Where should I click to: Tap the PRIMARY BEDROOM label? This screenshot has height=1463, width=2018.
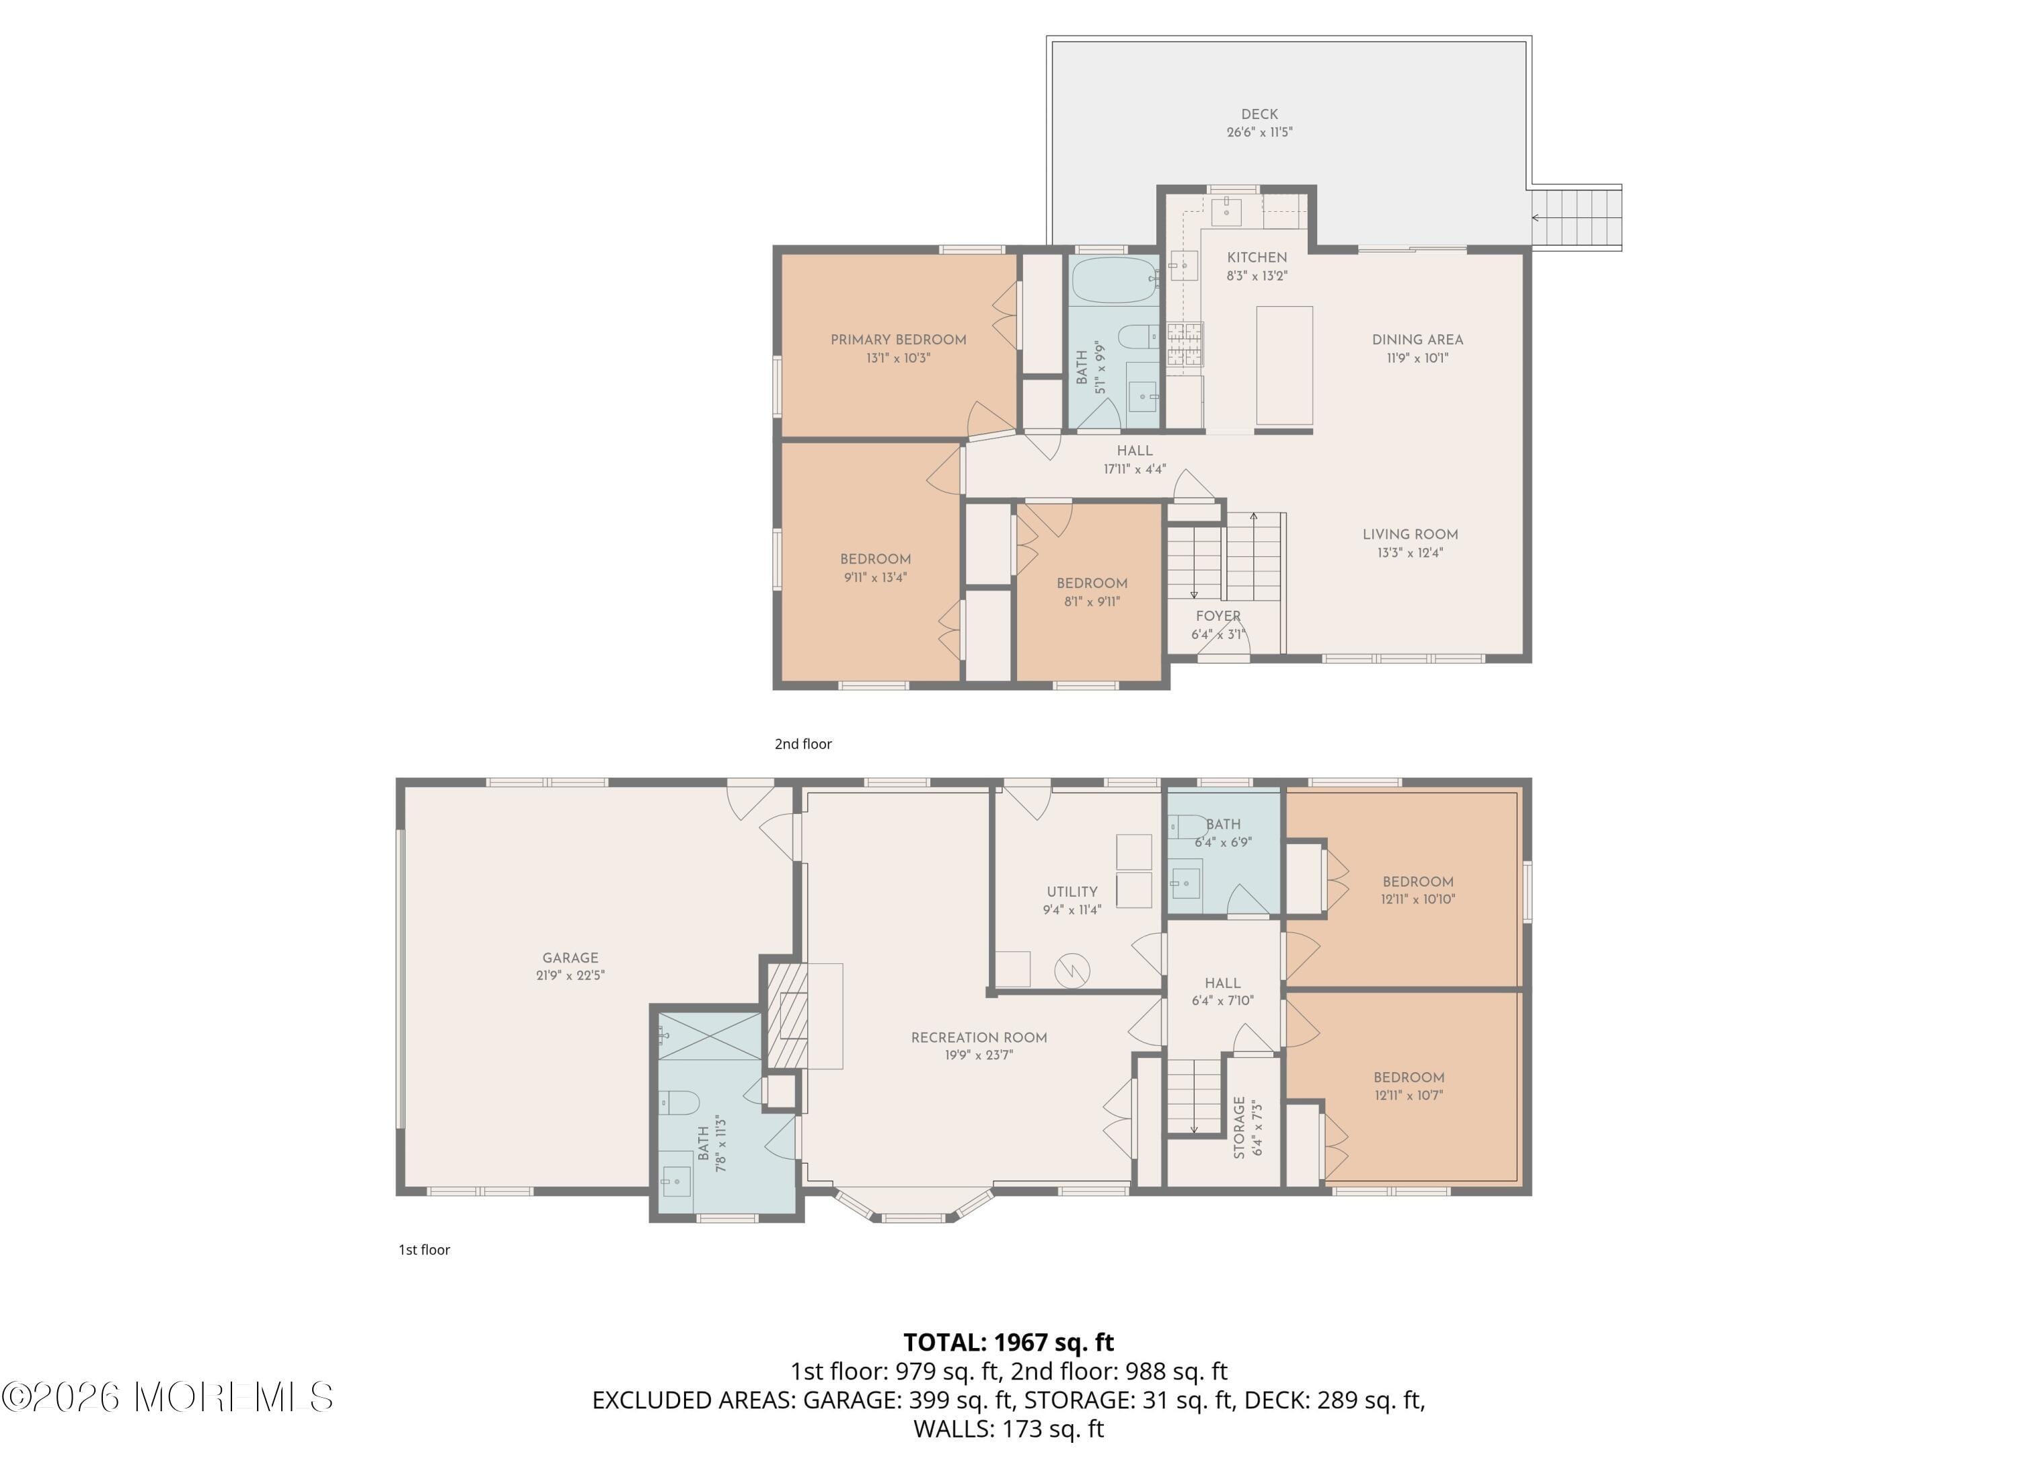pos(898,340)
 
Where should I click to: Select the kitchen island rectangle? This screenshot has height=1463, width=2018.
pos(1284,366)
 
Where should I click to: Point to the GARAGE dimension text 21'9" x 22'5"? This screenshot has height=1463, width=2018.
pos(570,975)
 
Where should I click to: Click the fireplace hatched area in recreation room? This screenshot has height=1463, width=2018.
pos(788,1016)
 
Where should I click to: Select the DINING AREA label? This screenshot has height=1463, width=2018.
pos(1417,340)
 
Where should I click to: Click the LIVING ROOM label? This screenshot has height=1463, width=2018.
pos(1409,535)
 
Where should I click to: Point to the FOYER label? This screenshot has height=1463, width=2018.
pos(1218,617)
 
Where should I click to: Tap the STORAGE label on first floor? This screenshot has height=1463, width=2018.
pos(1240,1127)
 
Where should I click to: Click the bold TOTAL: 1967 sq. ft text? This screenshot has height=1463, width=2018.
pos(1008,1342)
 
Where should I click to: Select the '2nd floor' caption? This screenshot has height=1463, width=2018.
pos(802,744)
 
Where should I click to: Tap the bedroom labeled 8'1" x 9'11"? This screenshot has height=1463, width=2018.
pos(1092,593)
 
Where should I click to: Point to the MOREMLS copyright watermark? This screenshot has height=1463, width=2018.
pos(167,1398)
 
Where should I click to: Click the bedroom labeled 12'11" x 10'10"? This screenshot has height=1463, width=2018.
pos(1417,891)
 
